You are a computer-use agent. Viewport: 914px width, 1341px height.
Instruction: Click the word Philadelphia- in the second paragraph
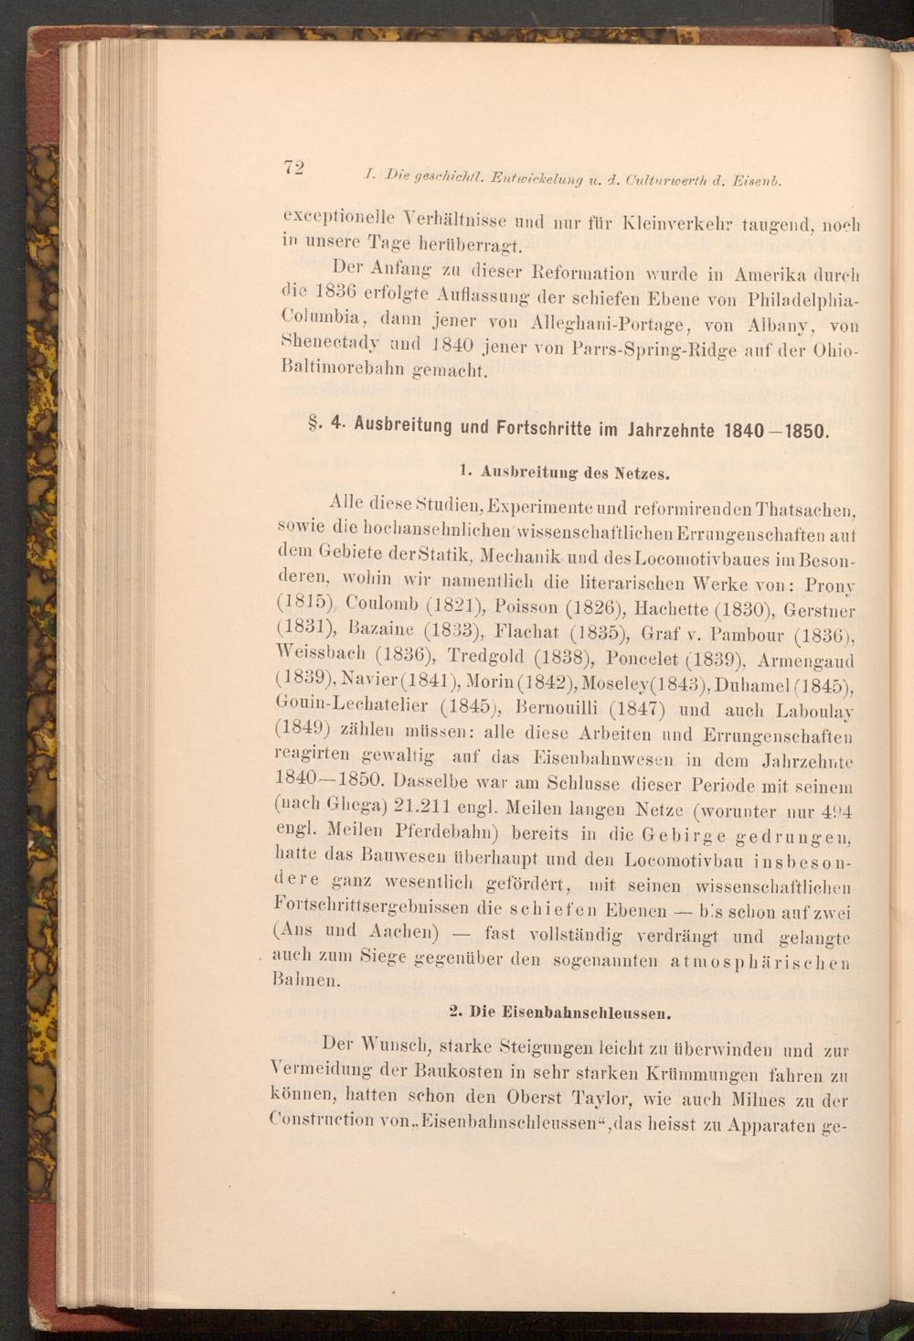[x=803, y=301]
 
